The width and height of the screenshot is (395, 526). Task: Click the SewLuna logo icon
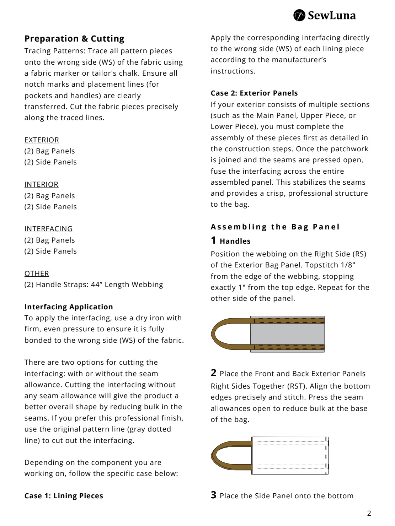tap(299, 16)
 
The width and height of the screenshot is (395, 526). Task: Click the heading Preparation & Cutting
tap(74, 39)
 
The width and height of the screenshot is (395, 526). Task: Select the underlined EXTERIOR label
tap(42, 140)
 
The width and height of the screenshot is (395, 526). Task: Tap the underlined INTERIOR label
tap(41, 184)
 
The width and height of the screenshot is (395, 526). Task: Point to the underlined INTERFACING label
tap(48, 229)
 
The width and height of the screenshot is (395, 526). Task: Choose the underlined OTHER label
tap(37, 273)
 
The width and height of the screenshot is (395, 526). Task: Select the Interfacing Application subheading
tap(69, 307)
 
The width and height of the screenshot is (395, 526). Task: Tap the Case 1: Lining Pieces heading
tap(64, 496)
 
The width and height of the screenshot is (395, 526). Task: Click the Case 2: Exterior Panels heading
tap(254, 93)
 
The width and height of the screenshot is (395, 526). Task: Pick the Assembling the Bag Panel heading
tap(275, 227)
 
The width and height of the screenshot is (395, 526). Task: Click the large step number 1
tap(213, 240)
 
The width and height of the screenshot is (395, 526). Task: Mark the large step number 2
tap(213, 373)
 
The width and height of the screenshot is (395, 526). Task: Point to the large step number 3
tap(213, 495)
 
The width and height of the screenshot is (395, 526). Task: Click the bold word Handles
tap(235, 241)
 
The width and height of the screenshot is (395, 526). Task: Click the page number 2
tap(369, 513)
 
